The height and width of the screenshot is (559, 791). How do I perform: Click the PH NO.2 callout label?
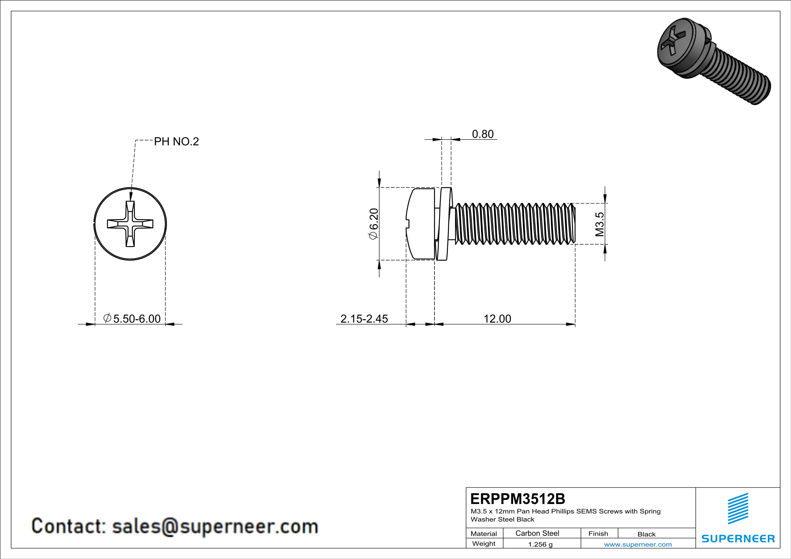[176, 142]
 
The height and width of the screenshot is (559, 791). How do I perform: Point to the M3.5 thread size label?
[600, 224]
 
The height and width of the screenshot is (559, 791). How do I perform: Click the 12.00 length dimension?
[497, 319]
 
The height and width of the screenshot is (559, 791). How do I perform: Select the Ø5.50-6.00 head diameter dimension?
[132, 319]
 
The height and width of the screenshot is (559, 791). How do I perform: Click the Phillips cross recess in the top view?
[130, 224]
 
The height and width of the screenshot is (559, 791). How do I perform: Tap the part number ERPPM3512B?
[517, 499]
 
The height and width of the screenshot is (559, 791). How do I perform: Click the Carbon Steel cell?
[537, 533]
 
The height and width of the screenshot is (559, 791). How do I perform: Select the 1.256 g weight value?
[540, 544]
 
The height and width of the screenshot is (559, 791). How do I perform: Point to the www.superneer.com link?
[638, 544]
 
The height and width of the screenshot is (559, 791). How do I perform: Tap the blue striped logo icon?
[738, 509]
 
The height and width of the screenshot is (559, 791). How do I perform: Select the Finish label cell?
[598, 534]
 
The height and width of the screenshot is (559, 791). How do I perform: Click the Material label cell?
[484, 534]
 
